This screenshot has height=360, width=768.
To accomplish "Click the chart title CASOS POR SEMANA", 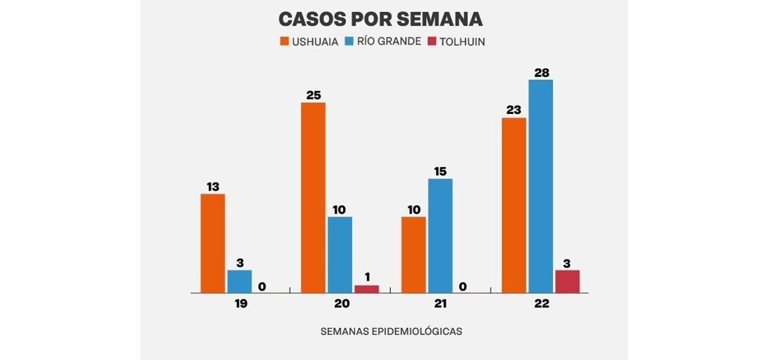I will [380, 19].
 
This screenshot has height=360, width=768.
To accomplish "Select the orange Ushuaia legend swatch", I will [284, 41].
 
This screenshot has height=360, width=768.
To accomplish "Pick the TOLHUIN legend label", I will [463, 41].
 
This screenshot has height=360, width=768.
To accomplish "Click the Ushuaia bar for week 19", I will [213, 243].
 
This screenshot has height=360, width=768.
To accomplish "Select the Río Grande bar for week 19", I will [240, 281].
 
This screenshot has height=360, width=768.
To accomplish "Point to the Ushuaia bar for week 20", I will [313, 197].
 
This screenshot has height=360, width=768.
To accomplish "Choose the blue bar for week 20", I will [340, 255].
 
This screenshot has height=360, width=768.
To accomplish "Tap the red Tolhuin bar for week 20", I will [366, 289].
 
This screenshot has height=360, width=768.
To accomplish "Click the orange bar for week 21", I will [414, 255].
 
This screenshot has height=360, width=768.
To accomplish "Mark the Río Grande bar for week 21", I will [440, 236].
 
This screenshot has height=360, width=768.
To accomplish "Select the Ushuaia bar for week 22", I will [514, 205].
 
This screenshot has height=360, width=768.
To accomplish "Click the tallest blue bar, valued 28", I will [541, 186].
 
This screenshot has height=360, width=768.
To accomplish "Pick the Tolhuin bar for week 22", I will [567, 281].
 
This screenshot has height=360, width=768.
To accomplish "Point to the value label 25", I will [313, 95].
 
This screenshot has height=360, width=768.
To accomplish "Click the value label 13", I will [213, 186].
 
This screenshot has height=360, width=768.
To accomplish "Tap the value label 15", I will [440, 171].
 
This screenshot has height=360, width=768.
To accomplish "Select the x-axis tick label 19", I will [240, 303].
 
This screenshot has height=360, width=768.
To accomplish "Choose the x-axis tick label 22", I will [541, 303].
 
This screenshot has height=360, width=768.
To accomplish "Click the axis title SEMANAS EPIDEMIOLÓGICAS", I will [391, 331].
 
